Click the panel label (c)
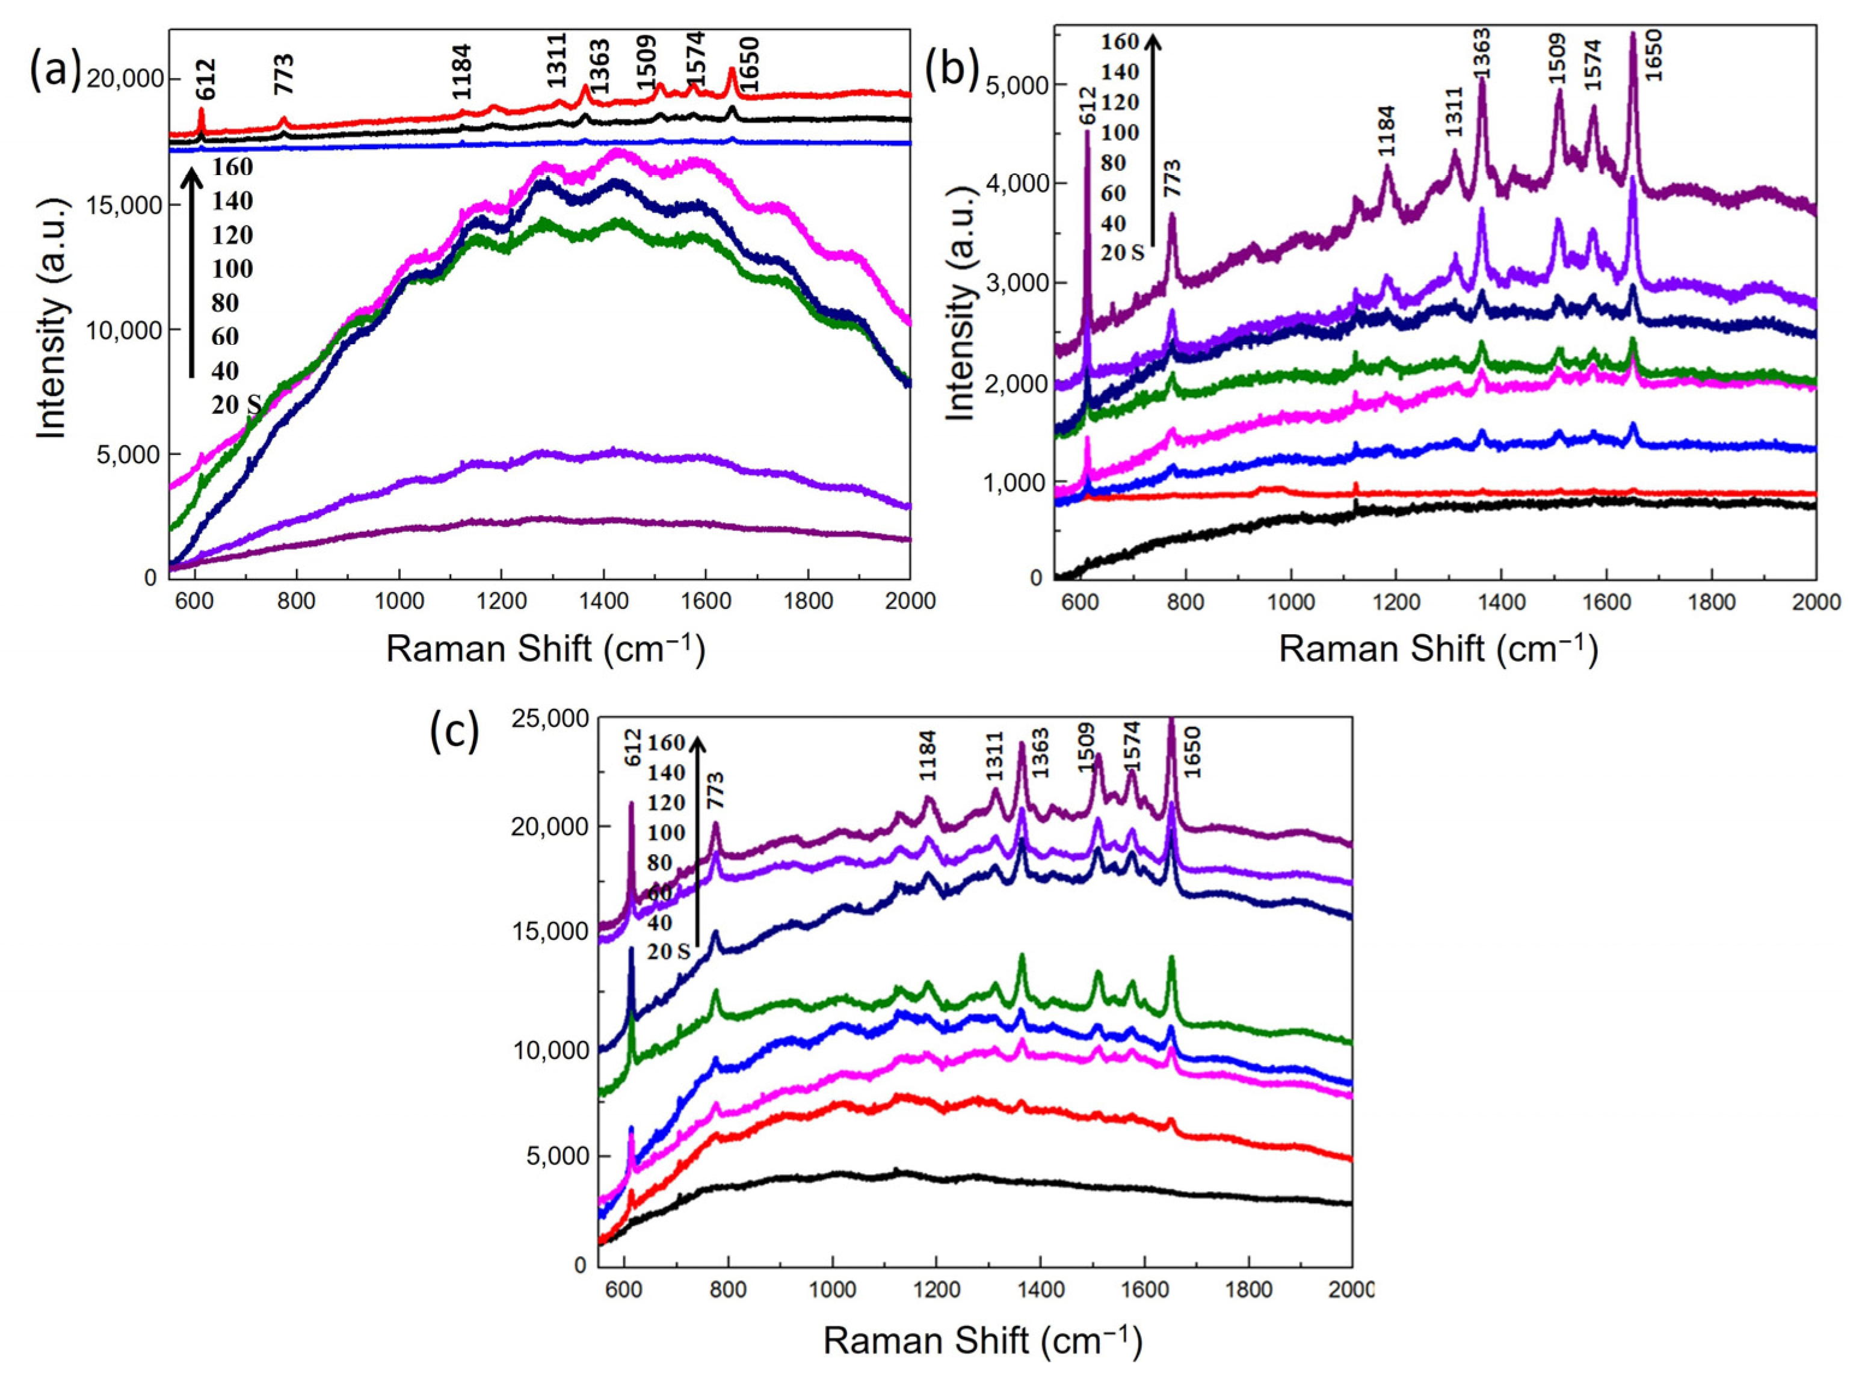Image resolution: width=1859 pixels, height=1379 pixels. [454, 733]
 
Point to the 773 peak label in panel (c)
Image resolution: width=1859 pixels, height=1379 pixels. [715, 789]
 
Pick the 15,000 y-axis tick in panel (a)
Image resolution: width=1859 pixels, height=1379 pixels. [123, 206]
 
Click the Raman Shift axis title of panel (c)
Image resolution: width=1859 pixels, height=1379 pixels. [982, 1340]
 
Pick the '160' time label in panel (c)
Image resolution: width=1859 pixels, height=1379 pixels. [666, 743]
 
